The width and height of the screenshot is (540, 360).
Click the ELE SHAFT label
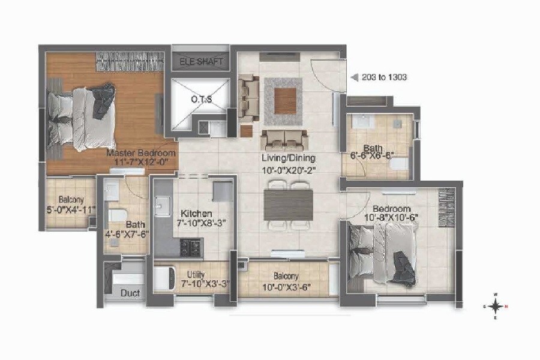[202, 62]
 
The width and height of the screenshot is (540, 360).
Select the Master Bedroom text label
[141, 153]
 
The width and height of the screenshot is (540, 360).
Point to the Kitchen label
[197, 213]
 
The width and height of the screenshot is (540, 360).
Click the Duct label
[130, 294]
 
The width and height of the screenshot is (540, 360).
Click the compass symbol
[496, 306]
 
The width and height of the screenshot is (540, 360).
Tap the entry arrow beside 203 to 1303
[355, 77]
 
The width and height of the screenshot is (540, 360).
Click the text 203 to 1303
[385, 77]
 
